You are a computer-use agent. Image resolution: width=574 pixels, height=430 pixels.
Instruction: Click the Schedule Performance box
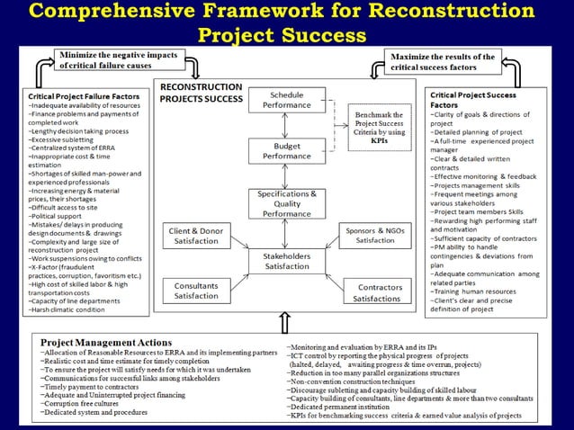coord(287,100)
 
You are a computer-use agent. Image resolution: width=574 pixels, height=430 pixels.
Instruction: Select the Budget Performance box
coord(287,149)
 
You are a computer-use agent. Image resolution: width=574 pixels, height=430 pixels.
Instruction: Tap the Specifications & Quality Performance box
coord(287,202)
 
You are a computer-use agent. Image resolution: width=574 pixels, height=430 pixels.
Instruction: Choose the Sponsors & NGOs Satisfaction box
coord(375,236)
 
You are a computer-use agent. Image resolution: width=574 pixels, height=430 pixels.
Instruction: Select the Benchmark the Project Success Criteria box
coord(379,127)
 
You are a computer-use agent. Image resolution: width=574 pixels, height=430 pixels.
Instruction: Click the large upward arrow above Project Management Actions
coord(286,323)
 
